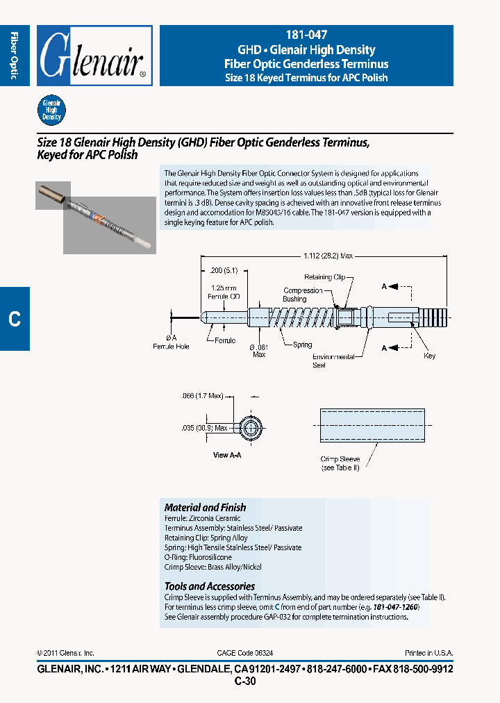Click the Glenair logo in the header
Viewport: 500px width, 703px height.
pos(94,56)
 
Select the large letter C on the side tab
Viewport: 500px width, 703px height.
pos(15,319)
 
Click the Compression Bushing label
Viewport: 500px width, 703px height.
pos(303,295)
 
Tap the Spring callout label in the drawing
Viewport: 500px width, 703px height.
pos(302,345)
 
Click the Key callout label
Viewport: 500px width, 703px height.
pos(429,356)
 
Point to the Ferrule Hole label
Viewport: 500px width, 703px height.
pos(171,345)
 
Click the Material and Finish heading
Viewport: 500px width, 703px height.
pos(205,508)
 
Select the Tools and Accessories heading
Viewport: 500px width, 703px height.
pos(209,586)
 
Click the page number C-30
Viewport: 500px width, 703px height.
pos(245,681)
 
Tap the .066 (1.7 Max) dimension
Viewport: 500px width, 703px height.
pos(201,396)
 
